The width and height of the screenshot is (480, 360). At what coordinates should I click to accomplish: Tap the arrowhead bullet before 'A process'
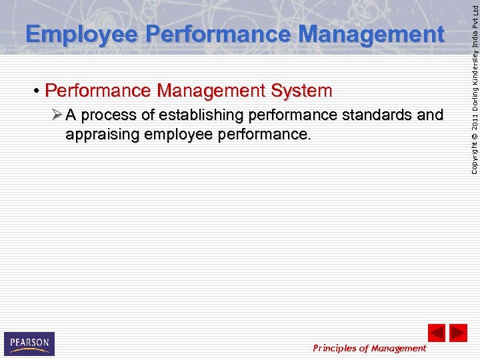(57, 115)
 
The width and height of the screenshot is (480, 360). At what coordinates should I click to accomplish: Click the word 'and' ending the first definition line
(429, 115)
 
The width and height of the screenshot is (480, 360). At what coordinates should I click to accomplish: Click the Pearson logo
(29, 343)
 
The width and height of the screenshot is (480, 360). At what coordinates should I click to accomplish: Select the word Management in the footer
(398, 348)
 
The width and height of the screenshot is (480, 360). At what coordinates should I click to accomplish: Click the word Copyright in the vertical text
(473, 161)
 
